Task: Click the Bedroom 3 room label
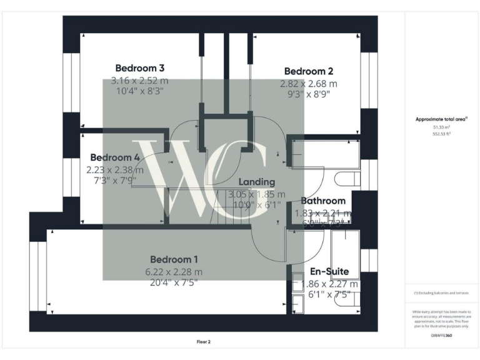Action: pyautogui.click(x=140, y=67)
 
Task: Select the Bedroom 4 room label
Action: pyautogui.click(x=114, y=157)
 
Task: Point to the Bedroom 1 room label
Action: pyautogui.click(x=174, y=259)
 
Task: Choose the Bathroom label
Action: pyautogui.click(x=323, y=201)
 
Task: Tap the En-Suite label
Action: pyautogui.click(x=329, y=272)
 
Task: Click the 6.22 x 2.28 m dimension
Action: pyautogui.click(x=174, y=272)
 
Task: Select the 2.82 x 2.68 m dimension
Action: pyautogui.click(x=308, y=83)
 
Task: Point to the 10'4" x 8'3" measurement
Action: pyautogui.click(x=140, y=91)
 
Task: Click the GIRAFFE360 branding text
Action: pyautogui.click(x=442, y=336)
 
